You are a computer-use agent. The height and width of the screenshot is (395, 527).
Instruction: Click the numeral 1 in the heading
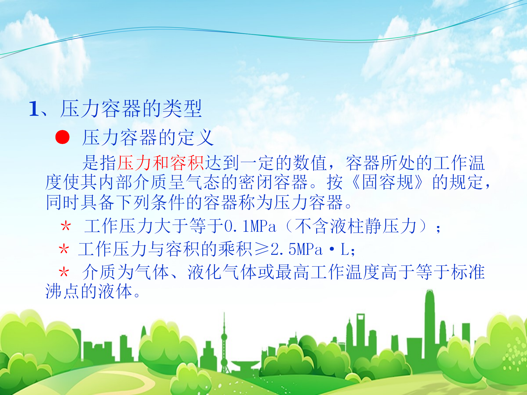(34, 109)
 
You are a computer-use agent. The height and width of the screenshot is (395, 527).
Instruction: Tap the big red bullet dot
(63, 137)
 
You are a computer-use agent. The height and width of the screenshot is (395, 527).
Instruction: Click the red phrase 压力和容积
(161, 163)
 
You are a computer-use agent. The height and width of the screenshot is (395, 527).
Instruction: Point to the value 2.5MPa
(297, 250)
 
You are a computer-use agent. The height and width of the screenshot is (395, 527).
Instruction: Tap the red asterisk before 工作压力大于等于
(66, 227)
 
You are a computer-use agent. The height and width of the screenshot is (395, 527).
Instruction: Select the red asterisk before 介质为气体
(64, 272)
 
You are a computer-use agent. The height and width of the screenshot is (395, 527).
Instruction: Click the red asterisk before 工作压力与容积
(64, 249)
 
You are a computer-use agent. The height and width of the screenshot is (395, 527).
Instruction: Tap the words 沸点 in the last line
(63, 291)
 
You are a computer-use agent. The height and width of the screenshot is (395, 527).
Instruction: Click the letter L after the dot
(344, 250)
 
